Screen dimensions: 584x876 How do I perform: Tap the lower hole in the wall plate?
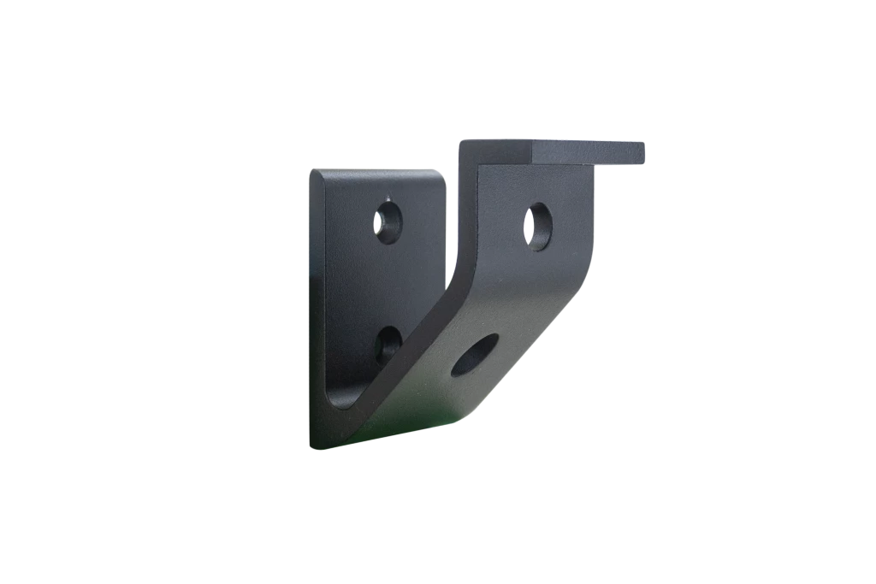click(388, 345)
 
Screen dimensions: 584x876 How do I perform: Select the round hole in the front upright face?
click(537, 226)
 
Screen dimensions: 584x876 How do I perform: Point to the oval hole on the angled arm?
click(474, 355)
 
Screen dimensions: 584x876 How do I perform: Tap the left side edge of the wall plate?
click(311, 308)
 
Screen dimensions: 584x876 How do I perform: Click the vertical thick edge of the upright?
click(467, 214)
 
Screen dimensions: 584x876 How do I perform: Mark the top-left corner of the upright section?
click(462, 142)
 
